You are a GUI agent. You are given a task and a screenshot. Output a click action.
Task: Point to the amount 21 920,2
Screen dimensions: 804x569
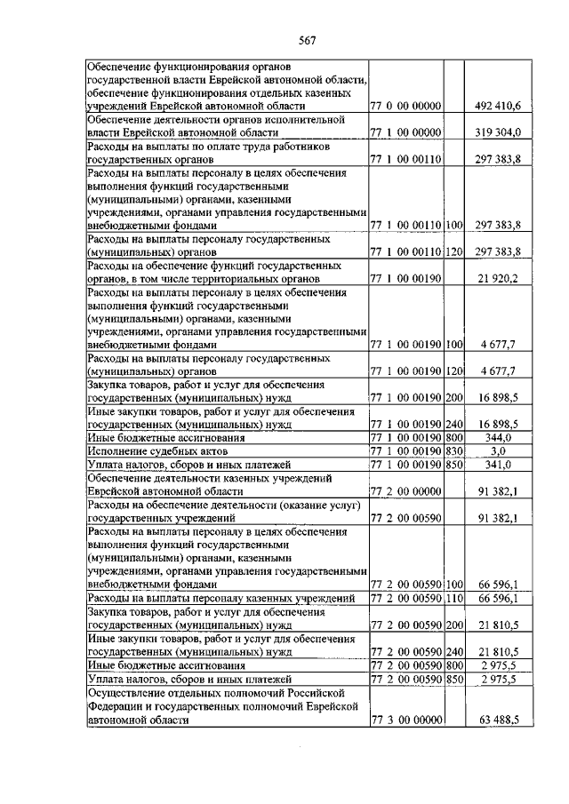tap(506, 278)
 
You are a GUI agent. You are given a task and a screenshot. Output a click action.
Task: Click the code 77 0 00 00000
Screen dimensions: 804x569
tap(406, 107)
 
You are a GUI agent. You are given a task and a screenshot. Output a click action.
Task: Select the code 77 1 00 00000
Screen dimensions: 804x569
tap(406, 132)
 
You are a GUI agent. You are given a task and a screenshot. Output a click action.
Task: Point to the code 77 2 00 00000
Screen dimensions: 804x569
tap(406, 490)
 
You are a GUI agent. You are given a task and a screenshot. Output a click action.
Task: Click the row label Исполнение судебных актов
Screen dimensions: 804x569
tap(150, 451)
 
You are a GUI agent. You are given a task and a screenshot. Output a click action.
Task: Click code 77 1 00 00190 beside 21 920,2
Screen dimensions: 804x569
tap(406, 278)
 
